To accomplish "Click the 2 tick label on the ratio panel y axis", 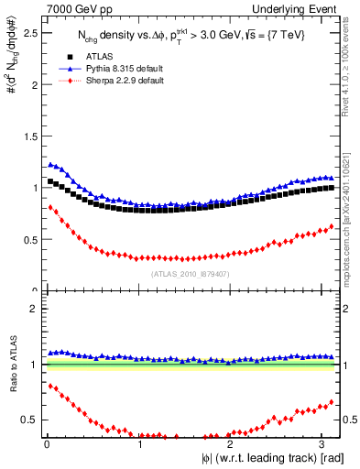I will point(35,309).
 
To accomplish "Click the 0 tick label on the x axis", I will point(47,443).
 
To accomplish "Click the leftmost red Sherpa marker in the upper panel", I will point(49,207).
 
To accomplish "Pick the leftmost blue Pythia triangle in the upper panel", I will point(49,164).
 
